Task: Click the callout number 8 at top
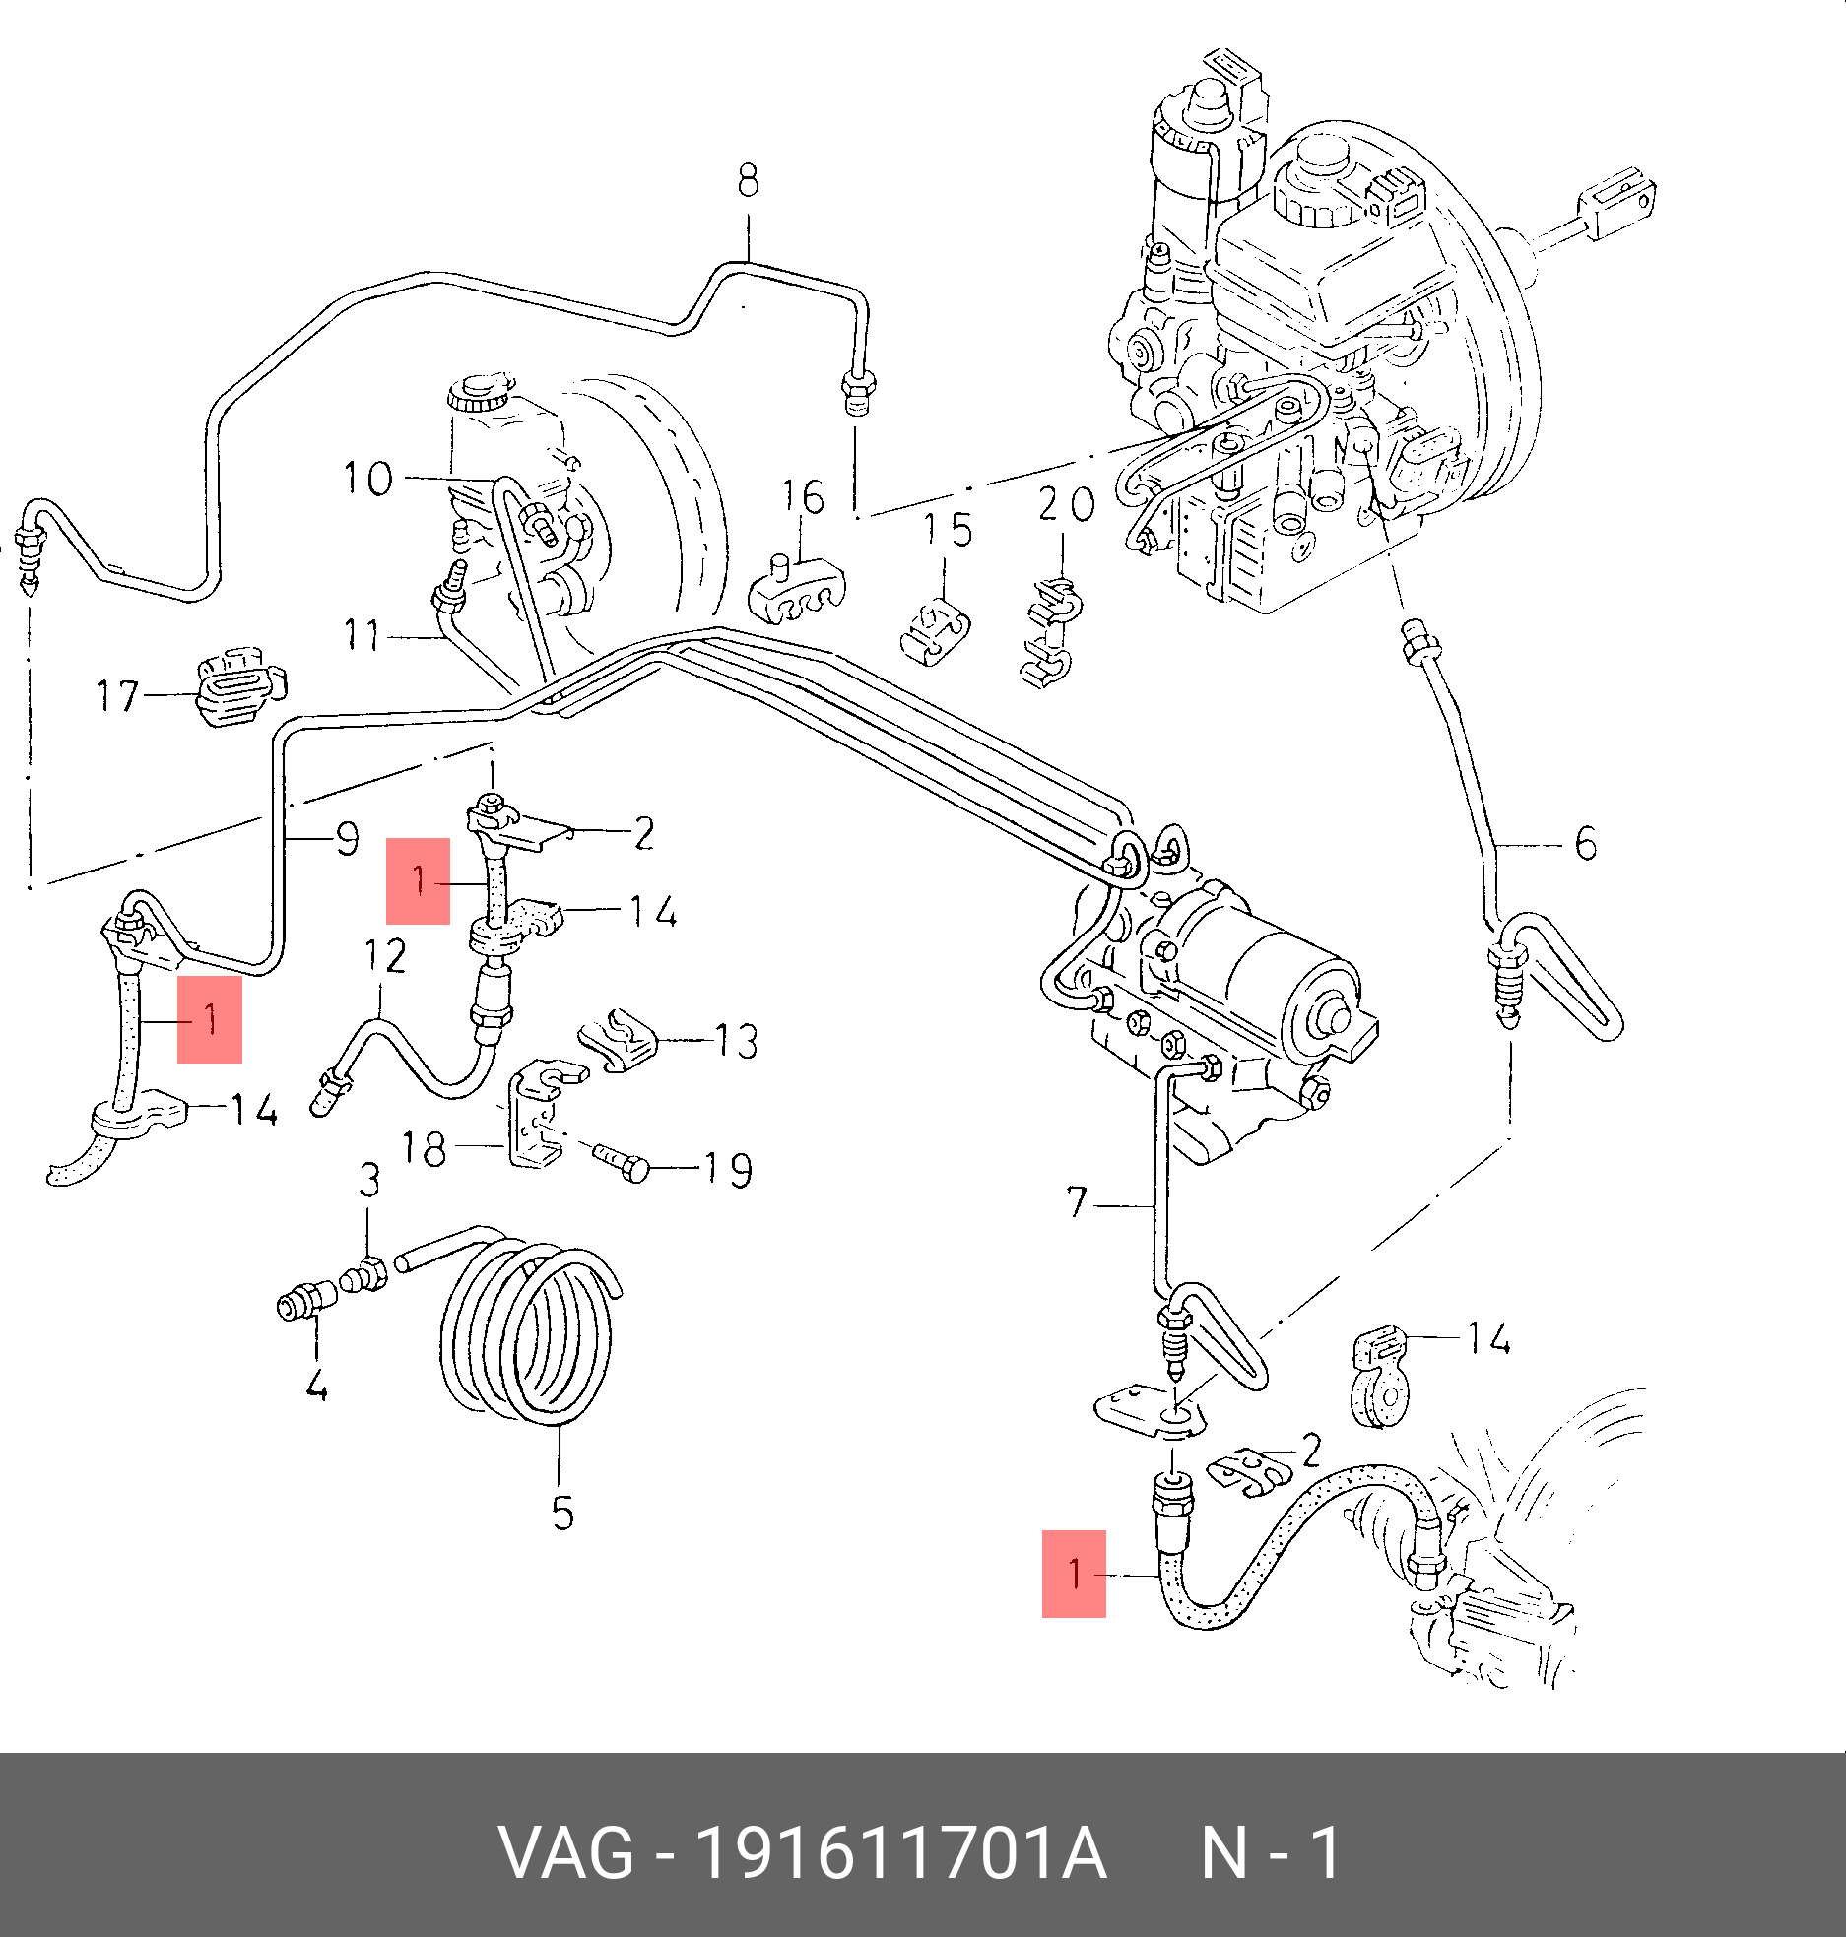tap(749, 181)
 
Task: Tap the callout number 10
tap(367, 479)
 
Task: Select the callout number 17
tap(117, 695)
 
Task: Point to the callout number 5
tap(562, 1513)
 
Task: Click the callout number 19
tap(727, 1170)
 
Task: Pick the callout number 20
tap(1066, 504)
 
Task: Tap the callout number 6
tap(1586, 844)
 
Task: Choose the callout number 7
tap(1077, 1201)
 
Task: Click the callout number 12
tap(385, 956)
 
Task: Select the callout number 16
tap(803, 497)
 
